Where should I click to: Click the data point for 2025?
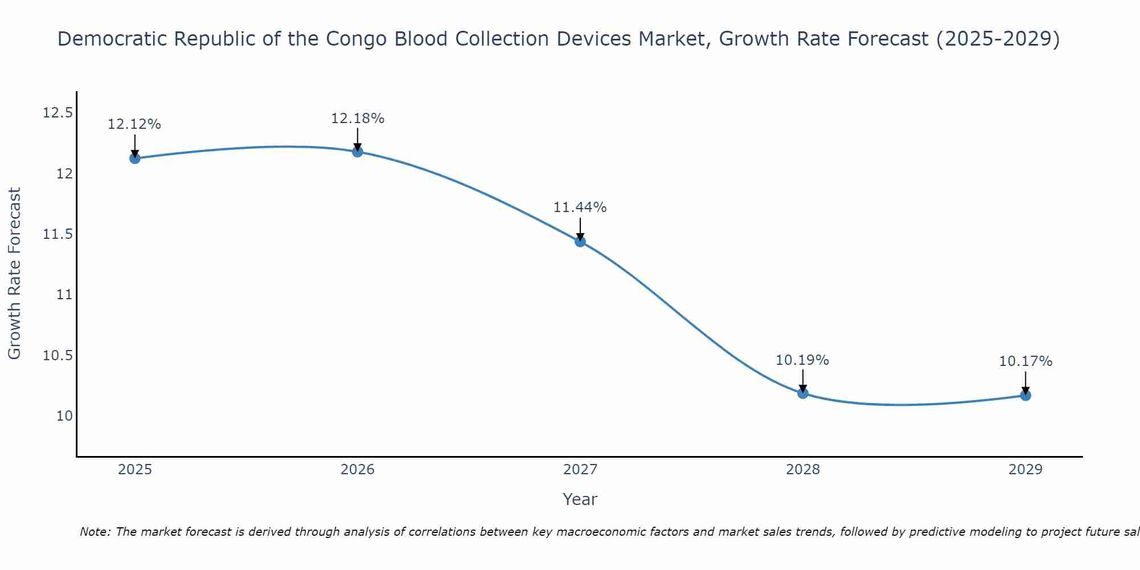pos(135,158)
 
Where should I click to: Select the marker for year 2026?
pos(357,151)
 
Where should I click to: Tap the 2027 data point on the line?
pos(580,241)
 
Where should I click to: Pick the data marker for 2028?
pos(803,393)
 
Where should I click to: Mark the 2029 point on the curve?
pos(1025,395)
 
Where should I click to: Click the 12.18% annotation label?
pos(357,119)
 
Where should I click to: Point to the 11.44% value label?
pos(580,207)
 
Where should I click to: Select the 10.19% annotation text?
pos(802,360)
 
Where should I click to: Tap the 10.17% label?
pos(1025,361)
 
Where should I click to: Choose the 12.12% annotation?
pos(135,124)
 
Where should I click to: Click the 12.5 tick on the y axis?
pos(58,113)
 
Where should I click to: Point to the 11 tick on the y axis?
pos(64,295)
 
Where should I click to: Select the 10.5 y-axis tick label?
pos(58,356)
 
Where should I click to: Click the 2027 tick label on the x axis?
pos(580,470)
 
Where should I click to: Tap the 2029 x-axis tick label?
pos(1025,470)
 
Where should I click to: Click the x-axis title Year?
pos(580,499)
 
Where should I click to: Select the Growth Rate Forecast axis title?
pos(15,274)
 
